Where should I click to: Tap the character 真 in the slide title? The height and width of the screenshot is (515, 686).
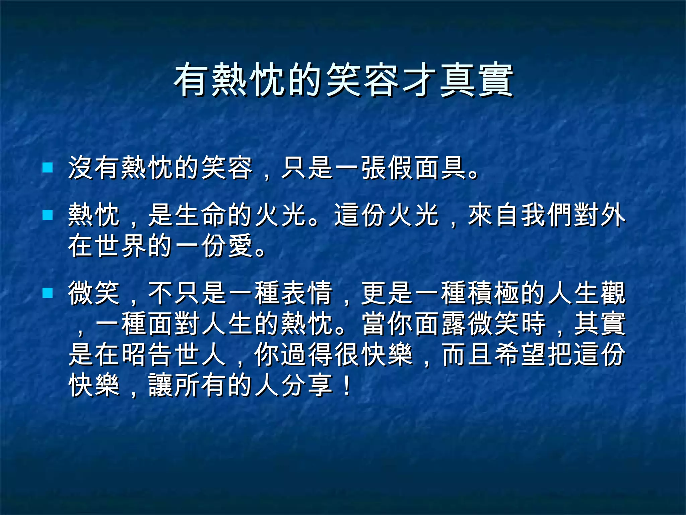click(458, 80)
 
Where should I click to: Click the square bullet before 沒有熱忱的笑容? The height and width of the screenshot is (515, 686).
click(48, 167)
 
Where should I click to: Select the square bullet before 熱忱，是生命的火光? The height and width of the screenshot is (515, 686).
click(48, 215)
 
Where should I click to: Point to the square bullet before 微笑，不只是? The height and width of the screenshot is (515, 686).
click(48, 293)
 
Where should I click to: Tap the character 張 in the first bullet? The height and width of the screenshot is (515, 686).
click(374, 168)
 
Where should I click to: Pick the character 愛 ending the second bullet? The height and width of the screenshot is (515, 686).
click(240, 246)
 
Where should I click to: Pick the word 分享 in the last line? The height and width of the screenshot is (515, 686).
click(307, 385)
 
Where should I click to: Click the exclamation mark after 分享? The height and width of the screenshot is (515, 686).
click(347, 385)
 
